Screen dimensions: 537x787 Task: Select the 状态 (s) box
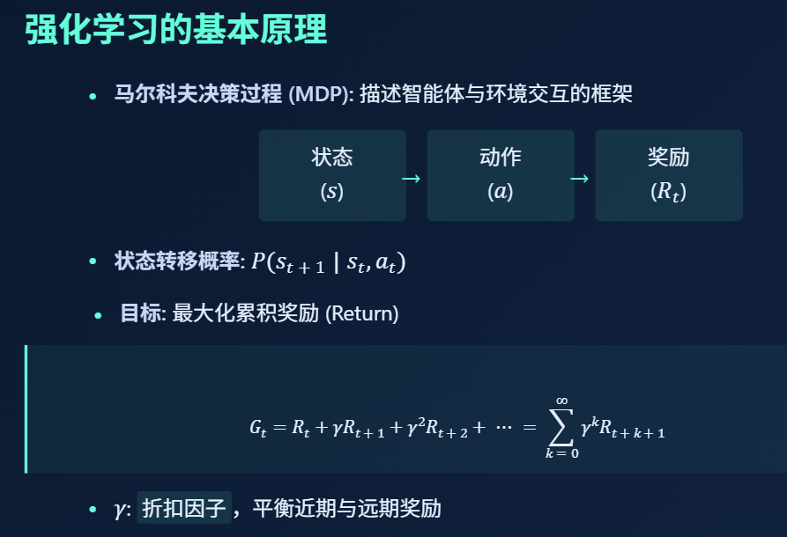click(x=332, y=175)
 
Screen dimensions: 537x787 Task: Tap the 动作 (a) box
click(x=501, y=175)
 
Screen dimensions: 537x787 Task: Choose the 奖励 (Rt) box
click(x=668, y=175)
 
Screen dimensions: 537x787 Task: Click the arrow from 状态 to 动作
click(x=411, y=179)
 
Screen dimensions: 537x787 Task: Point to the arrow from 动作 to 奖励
click(x=579, y=179)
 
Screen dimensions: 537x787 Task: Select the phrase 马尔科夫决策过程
click(x=198, y=94)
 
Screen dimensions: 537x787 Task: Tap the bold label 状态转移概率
click(x=176, y=261)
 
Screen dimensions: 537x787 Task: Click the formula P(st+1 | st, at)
click(x=328, y=262)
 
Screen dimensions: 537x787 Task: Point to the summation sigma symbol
click(x=561, y=427)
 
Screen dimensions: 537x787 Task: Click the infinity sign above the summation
click(x=561, y=401)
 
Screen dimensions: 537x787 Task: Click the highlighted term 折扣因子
click(x=184, y=508)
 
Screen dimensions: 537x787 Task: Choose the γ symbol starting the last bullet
click(x=121, y=510)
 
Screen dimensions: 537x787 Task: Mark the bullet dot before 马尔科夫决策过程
click(x=93, y=95)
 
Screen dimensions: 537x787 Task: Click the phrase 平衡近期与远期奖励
click(x=346, y=508)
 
